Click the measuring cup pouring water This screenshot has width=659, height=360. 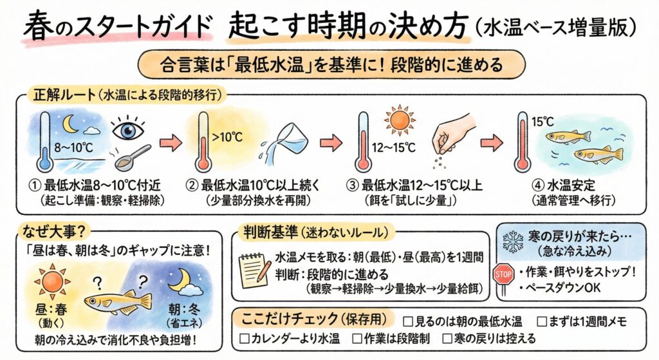(289, 143)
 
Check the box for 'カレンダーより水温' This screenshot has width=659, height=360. (244, 337)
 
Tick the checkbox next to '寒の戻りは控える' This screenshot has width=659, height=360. (449, 337)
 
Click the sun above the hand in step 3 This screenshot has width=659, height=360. (398, 120)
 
